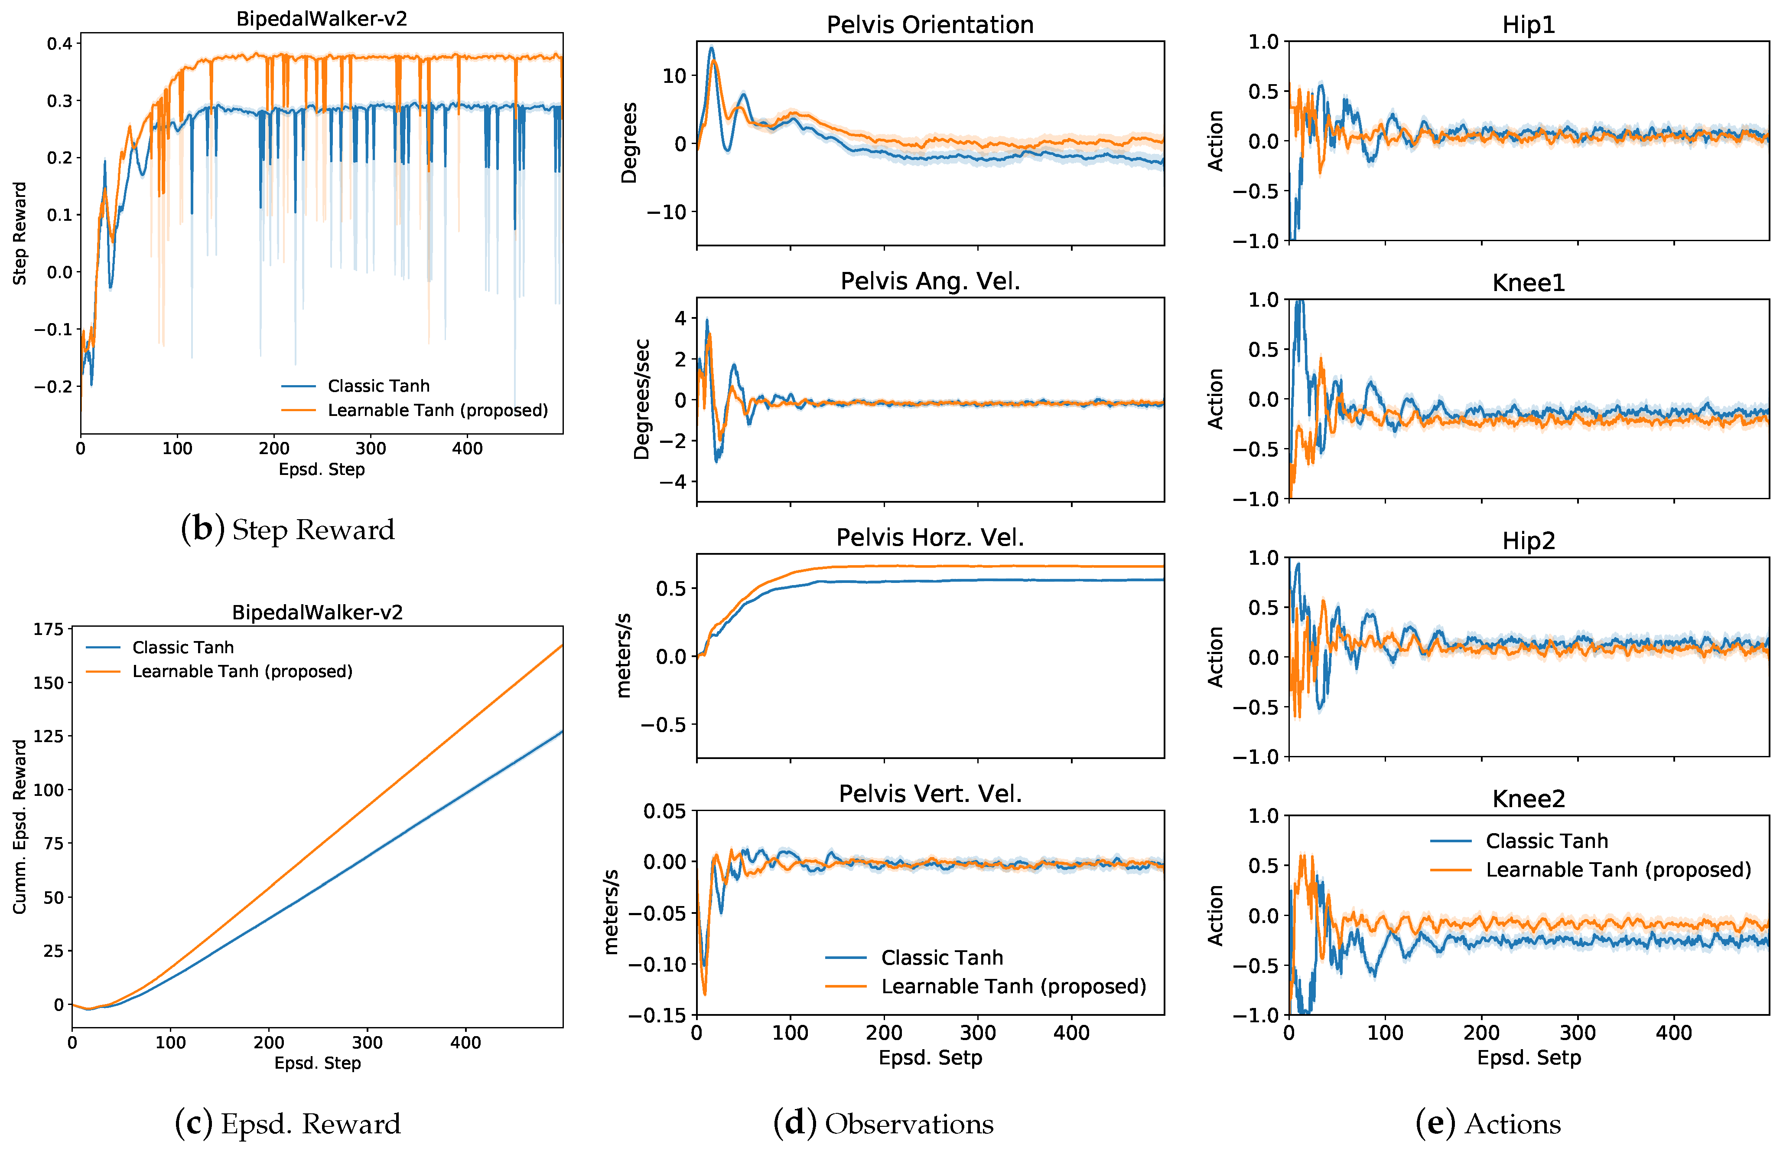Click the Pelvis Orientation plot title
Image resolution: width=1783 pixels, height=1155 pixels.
[x=930, y=25]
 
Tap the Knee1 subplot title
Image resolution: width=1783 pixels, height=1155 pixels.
[x=1528, y=282]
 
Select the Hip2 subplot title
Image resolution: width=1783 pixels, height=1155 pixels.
[x=1528, y=540]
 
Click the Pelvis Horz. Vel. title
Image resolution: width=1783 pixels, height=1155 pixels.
[x=930, y=537]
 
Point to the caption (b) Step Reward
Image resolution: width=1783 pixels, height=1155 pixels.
[x=288, y=529]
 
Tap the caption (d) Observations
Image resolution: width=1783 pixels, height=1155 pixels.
[x=883, y=1123]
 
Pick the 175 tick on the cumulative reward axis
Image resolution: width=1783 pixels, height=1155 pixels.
[x=49, y=629]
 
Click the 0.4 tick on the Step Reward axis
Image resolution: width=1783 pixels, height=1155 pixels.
[x=59, y=43]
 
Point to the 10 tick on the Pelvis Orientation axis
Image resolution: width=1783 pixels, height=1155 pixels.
[x=674, y=76]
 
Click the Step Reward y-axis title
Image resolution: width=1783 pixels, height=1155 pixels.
[x=20, y=233]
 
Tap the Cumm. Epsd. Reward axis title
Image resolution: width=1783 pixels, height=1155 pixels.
[x=20, y=827]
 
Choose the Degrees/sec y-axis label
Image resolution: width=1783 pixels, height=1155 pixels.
[x=641, y=399]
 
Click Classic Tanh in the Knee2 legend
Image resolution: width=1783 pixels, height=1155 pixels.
[x=1547, y=841]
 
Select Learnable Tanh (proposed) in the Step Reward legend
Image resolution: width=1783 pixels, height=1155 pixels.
[x=437, y=410]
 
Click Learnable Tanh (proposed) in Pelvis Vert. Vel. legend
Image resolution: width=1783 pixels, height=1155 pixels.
[x=1014, y=986]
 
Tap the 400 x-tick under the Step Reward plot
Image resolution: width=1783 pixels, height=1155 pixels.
[x=467, y=448]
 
